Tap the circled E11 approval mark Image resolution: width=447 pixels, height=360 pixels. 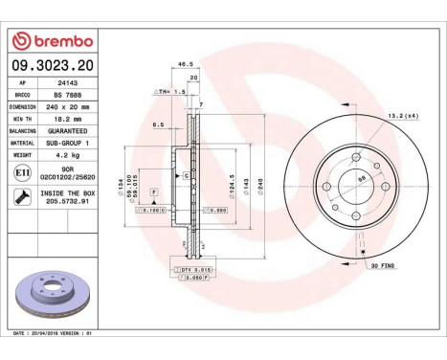pyautogui.click(x=21, y=172)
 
